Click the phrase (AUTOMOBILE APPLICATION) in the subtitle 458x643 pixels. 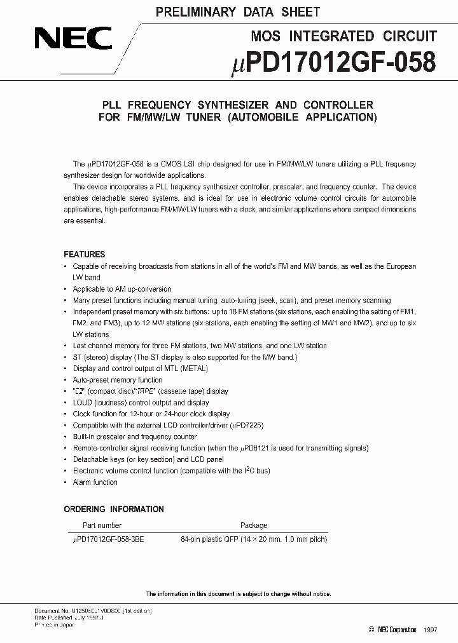pyautogui.click(x=302, y=117)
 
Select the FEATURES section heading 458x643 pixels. pyautogui.click(x=85, y=254)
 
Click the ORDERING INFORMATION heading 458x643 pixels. pyautogui.click(x=114, y=509)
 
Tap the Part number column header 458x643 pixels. pyautogui.click(x=102, y=525)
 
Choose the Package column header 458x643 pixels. pyautogui.click(x=253, y=525)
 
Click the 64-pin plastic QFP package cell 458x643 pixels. pyautogui.click(x=254, y=539)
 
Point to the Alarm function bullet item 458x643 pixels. pyautogui.click(x=95, y=482)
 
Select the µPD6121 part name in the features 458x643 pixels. pyautogui.click(x=257, y=448)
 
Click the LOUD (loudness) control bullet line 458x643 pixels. pyautogui.click(x=141, y=402)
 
